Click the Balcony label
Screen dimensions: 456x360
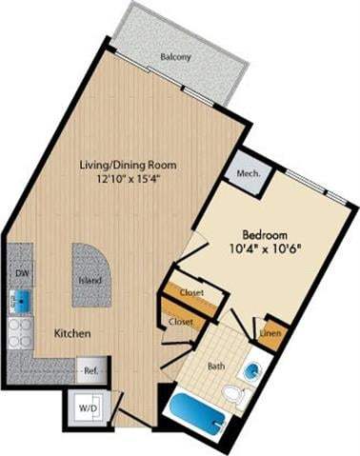coord(175,57)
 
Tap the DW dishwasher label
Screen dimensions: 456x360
coord(20,272)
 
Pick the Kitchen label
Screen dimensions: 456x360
coord(72,334)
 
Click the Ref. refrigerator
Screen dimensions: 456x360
coord(91,369)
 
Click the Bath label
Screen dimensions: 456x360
coord(216,365)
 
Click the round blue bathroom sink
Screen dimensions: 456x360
coord(253,370)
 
